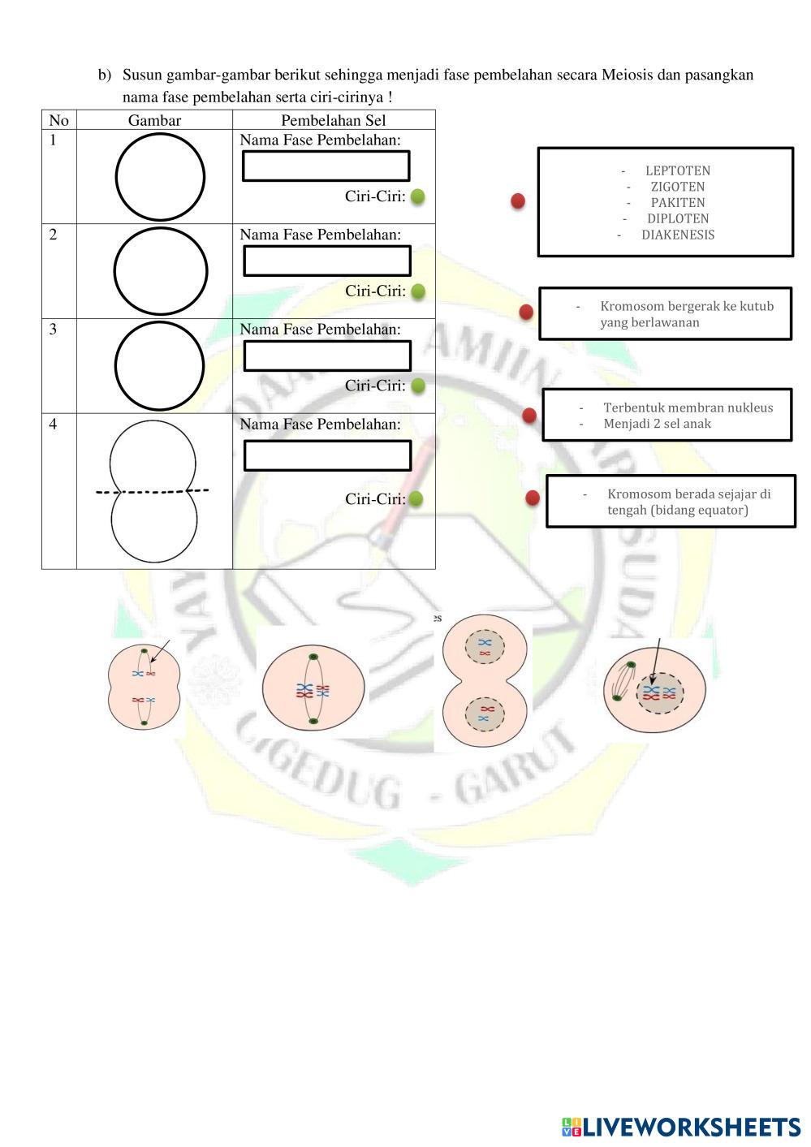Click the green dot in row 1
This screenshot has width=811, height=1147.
[418, 196]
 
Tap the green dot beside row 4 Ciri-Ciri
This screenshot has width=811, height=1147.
[416, 498]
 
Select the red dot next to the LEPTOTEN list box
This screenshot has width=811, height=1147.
[518, 201]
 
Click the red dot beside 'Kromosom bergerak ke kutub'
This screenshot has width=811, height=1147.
[526, 312]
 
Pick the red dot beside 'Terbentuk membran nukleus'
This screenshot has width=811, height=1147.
[528, 416]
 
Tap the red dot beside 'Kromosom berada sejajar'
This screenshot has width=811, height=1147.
[533, 498]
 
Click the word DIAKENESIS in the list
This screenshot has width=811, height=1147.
[678, 235]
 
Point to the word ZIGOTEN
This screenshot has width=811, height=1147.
[678, 187]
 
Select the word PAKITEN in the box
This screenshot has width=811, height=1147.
[678, 202]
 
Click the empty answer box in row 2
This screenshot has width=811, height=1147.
[327, 261]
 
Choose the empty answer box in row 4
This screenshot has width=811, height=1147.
[328, 455]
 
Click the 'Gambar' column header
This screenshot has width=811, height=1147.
[154, 120]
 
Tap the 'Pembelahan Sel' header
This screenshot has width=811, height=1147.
[334, 120]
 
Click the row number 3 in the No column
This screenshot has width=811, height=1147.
[53, 329]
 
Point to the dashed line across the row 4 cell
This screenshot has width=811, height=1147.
[152, 492]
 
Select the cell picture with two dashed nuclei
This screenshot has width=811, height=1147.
[484, 680]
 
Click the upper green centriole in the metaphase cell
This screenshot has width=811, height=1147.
[313, 657]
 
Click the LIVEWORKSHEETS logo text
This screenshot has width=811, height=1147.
[691, 1127]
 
